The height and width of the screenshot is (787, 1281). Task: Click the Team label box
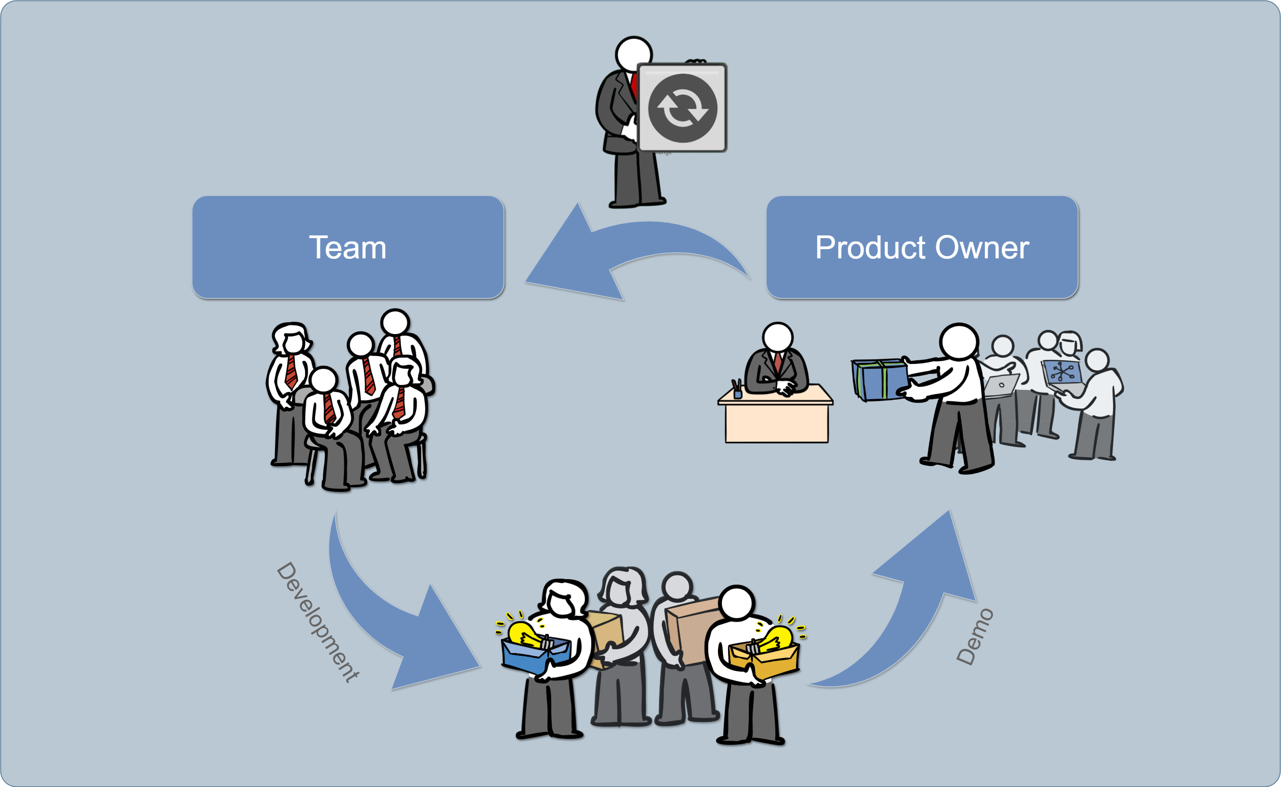[348, 247]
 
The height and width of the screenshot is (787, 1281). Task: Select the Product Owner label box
[921, 247]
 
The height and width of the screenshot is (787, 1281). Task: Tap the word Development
[317, 621]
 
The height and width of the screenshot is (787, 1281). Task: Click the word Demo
[975, 636]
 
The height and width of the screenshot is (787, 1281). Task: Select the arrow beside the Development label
[396, 625]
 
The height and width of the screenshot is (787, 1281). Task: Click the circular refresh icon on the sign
[683, 108]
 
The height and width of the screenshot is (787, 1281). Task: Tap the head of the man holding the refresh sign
[633, 54]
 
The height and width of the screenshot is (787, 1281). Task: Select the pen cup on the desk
[737, 391]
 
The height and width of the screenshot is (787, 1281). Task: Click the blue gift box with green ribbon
[880, 380]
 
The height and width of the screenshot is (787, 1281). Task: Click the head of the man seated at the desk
[777, 337]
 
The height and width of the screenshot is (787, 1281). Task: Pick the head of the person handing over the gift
[959, 341]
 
